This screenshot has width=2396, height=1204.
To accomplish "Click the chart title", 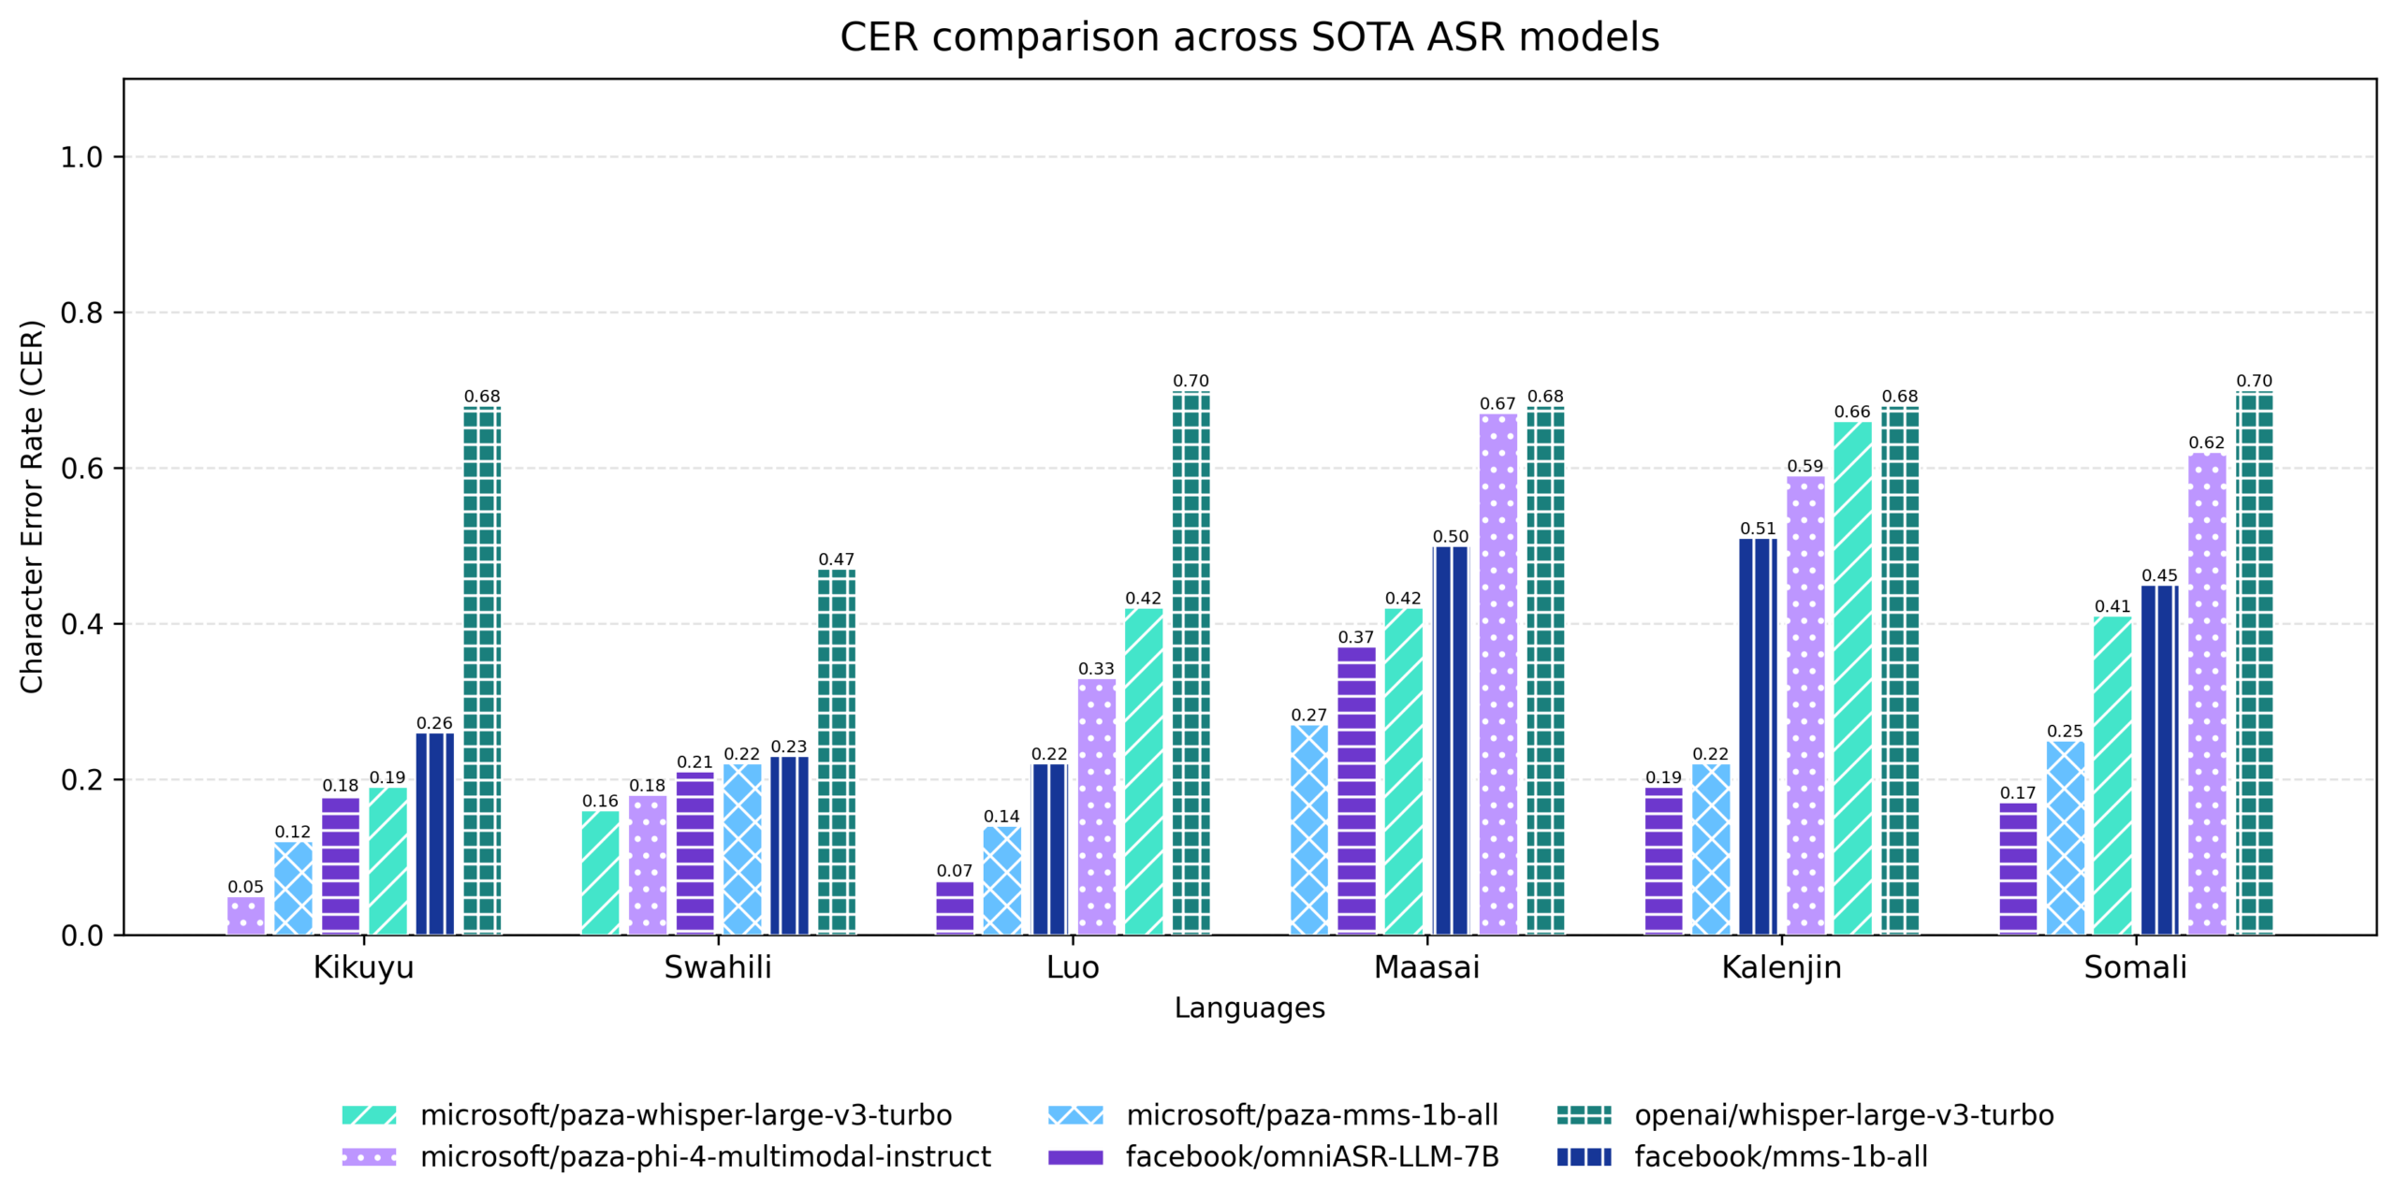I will coord(1249,37).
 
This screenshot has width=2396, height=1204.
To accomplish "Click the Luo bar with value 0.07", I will coord(954,907).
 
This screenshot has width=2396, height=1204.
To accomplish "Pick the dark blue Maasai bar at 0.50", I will coord(1450,739).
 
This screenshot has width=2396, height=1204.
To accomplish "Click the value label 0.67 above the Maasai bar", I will coord(1497,403).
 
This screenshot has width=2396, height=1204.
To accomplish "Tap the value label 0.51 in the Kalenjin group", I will coord(1757,529).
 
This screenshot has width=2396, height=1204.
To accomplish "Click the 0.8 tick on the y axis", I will coord(81,312).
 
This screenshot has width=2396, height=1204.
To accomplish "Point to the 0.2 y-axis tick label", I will coord(81,779).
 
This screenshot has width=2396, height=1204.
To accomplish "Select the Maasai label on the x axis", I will coord(1425,966).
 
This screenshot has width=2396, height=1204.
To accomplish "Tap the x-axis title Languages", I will coord(1249,1008).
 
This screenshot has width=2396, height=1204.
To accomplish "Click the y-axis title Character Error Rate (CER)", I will coord(32,506).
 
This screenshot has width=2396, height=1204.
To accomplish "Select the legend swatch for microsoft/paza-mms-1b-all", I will coord(1075,1114).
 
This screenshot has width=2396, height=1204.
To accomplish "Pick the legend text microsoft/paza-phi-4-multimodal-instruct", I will coord(704,1156).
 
